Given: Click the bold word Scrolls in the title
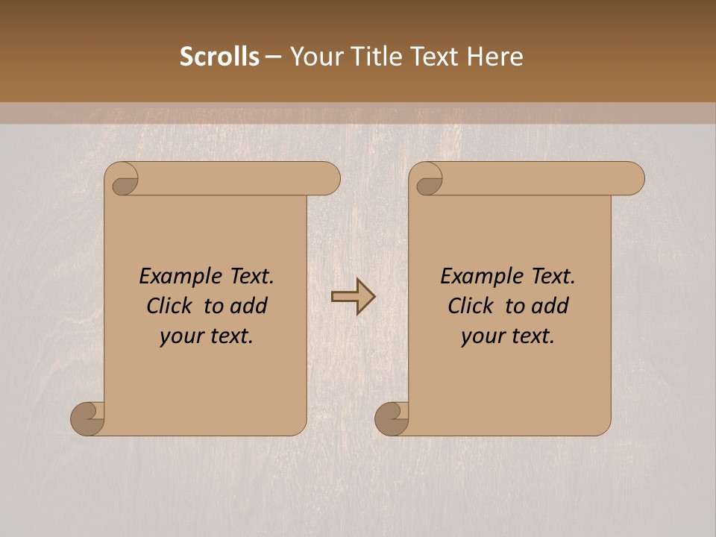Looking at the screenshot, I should point(219,57).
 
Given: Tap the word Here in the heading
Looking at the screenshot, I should point(494,57).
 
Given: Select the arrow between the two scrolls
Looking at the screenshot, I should point(354,297).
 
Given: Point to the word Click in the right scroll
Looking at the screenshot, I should point(470,306).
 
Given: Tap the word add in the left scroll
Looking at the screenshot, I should point(248,306).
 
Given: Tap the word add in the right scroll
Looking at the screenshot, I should point(550,306).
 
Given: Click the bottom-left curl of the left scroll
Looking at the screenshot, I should point(87,419).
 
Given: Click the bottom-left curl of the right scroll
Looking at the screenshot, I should point(392,419).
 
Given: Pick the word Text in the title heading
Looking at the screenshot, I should point(441,57).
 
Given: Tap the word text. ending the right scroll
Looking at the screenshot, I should point(530,336).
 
